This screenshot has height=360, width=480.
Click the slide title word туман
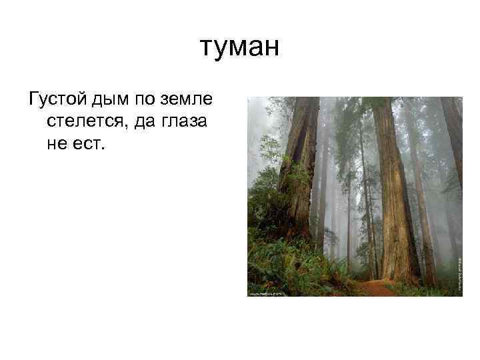click(x=239, y=49)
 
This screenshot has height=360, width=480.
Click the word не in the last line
click(x=57, y=144)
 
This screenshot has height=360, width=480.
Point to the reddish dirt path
click(x=377, y=289)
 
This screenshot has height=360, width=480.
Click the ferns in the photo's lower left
click(x=273, y=263)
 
